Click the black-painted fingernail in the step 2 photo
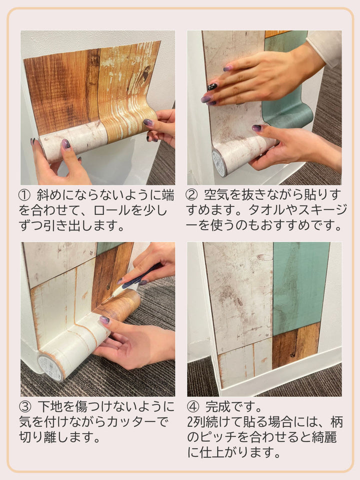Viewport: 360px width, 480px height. point(212,86)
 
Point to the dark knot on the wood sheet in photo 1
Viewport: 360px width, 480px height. point(145,75)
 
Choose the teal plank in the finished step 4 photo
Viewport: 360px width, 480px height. point(299,287)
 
